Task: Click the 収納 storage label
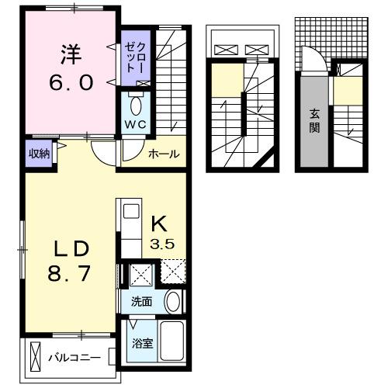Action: coord(40,154)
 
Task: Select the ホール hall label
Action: coord(165,154)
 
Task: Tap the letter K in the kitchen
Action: coord(159,223)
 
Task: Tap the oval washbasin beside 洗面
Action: coord(173,301)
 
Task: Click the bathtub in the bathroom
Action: coord(171,341)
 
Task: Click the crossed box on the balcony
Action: coord(36,358)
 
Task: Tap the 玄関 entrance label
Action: coord(315,120)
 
